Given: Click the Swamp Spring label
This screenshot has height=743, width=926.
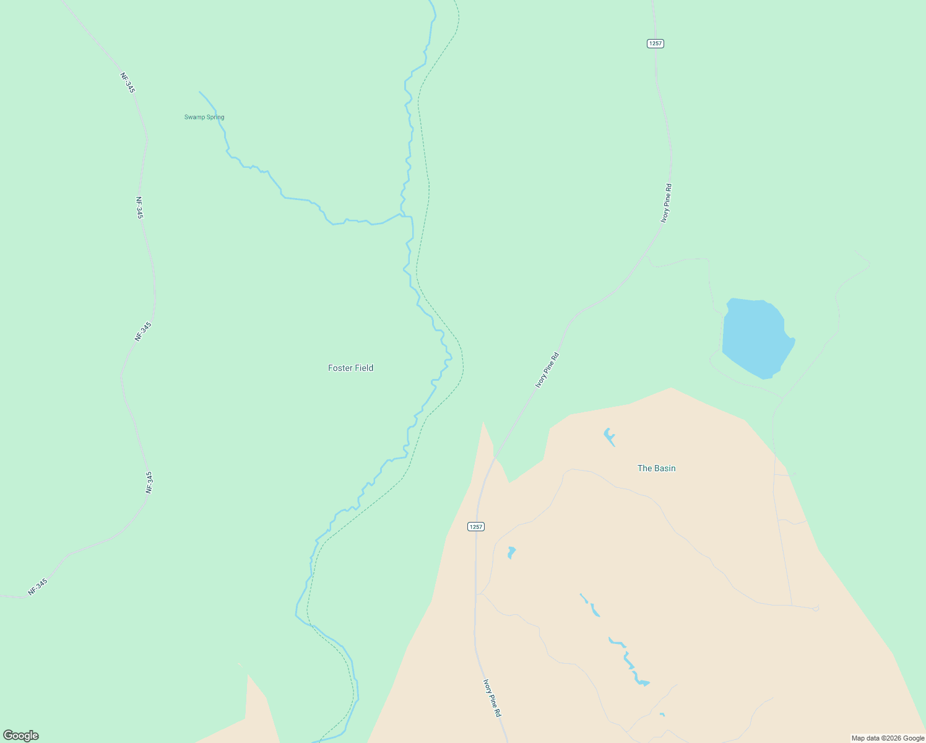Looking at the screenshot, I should point(204,117).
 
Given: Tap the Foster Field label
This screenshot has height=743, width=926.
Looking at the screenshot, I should point(350,368).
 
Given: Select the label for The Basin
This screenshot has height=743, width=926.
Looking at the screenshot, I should point(656,468).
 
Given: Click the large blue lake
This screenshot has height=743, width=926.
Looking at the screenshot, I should point(755,337).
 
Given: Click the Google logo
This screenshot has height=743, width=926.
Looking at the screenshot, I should point(21,736).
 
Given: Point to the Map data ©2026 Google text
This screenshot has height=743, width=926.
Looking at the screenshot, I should point(887,738).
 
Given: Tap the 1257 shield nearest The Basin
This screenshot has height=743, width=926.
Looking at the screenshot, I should point(475,526).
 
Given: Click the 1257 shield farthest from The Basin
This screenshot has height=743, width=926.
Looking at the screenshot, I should point(656,43).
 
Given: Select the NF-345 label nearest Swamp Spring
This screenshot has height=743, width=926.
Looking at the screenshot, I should point(128,83).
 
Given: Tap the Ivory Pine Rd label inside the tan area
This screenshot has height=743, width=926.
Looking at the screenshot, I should point(492,698).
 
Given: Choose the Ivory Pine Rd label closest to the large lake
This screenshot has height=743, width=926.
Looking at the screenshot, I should point(666,203).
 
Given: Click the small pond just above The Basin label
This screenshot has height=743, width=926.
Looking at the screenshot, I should point(609,437).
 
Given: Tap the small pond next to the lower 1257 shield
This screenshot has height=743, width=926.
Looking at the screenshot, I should point(511,552).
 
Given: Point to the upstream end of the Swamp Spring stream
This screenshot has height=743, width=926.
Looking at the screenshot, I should point(200,92).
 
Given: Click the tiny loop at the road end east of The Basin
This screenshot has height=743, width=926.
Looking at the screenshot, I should point(816,609).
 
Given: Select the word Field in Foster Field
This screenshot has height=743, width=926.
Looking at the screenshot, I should point(363,368).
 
